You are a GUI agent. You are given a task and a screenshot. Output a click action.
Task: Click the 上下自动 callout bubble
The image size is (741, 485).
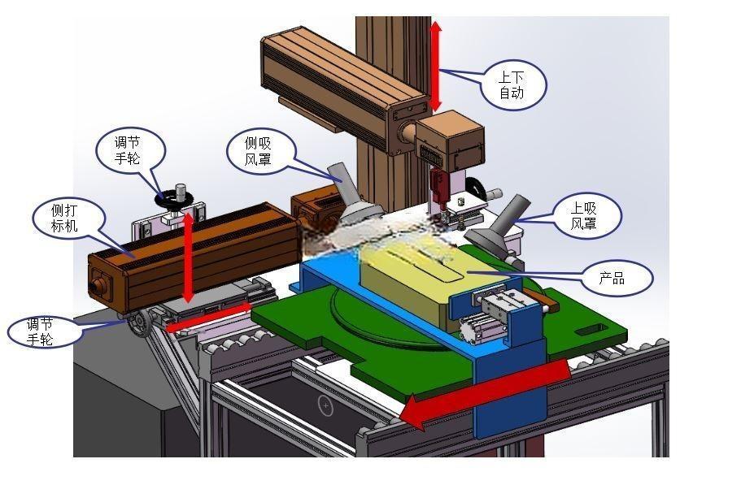click(x=513, y=85)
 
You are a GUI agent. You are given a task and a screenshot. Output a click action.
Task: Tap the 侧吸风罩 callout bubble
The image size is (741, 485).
click(x=259, y=151)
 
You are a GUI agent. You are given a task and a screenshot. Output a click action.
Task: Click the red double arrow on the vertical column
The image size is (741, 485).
click(x=436, y=67)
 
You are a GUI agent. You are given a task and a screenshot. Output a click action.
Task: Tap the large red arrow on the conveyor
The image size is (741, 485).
click(x=486, y=390)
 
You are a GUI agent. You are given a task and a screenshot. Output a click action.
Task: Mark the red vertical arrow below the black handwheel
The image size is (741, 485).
click(x=189, y=258)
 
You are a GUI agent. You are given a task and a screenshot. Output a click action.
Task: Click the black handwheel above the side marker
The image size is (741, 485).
click(x=174, y=197)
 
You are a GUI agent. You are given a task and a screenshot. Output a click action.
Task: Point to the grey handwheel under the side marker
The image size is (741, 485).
click(x=139, y=323)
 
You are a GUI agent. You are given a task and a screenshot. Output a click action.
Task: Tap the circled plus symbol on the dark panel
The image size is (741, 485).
click(x=325, y=405)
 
